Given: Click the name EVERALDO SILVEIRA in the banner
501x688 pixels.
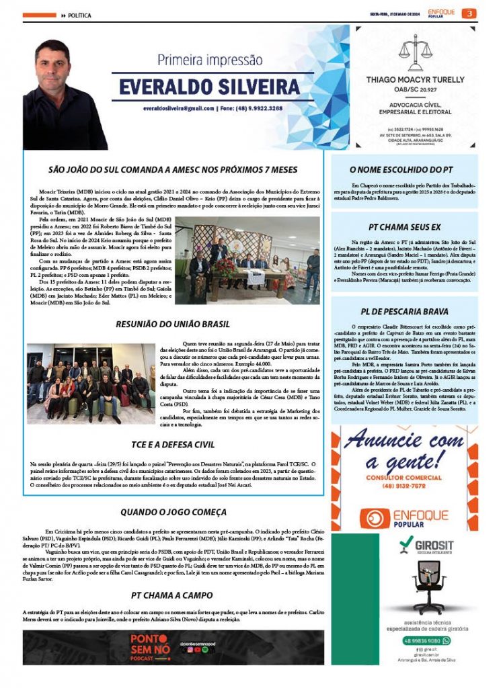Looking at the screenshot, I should pyautogui.click(x=210, y=87).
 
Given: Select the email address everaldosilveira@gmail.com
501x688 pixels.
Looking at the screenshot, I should pyautogui.click(x=179, y=108).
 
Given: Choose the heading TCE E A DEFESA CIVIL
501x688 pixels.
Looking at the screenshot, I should pyautogui.click(x=173, y=445).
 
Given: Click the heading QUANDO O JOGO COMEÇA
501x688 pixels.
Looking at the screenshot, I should pyautogui.click(x=173, y=512).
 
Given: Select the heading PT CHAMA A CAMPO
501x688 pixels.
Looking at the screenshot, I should pyautogui.click(x=171, y=595).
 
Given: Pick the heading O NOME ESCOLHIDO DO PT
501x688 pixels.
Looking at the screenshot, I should pyautogui.click(x=406, y=171).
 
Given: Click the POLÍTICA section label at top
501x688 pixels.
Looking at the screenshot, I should pyautogui.click(x=79, y=15).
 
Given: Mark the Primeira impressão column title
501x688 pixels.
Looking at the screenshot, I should pyautogui.click(x=210, y=60).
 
